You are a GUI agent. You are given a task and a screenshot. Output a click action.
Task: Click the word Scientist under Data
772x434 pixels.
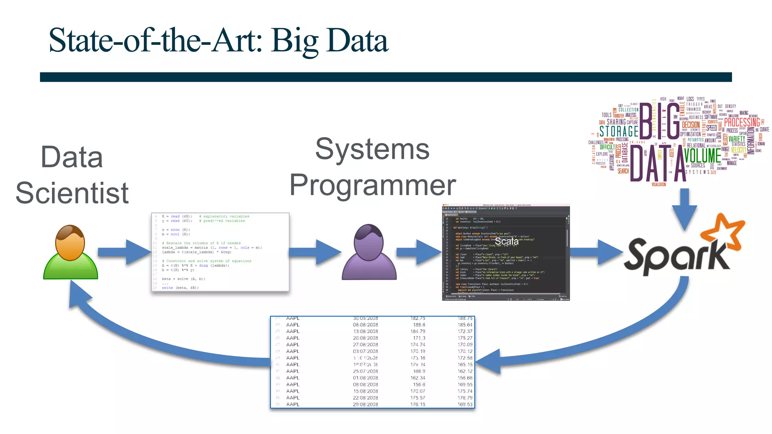pos(72,193)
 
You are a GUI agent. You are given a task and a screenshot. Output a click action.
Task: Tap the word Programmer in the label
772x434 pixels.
pos(372,185)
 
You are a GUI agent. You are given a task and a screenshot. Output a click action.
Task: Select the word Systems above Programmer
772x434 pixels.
pos(372,149)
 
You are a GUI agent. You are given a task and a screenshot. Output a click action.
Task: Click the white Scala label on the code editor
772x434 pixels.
pos(506,241)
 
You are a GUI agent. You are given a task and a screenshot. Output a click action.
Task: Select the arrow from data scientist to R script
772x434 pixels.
pos(124,252)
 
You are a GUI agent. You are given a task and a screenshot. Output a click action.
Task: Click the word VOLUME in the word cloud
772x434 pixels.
pos(702,156)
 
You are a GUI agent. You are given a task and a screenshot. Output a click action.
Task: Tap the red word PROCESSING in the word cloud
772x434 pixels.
pos(742,122)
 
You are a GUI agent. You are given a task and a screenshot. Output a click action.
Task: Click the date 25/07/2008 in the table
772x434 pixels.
pos(365,371)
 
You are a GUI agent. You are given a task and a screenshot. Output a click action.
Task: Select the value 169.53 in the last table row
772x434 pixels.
pos(465,404)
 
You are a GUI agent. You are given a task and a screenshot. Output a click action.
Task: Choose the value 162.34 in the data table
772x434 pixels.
pos(417,378)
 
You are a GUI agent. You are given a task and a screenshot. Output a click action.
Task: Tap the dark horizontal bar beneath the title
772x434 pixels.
pos(386,77)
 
